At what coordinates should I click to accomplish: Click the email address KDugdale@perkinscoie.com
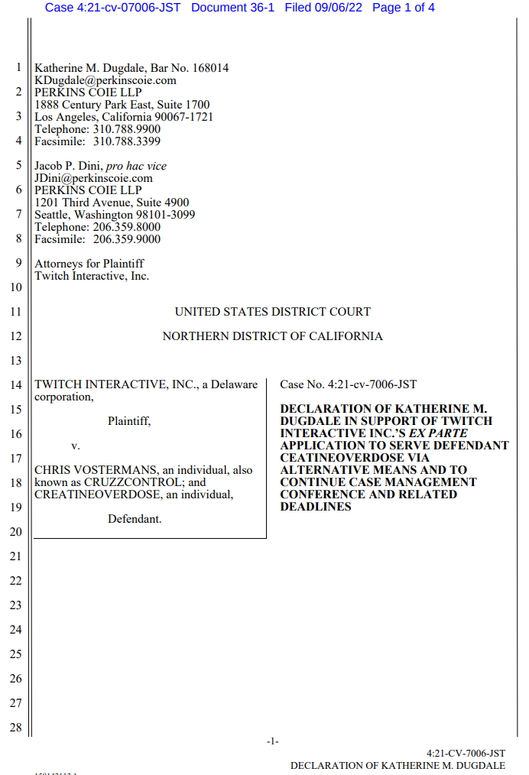105,80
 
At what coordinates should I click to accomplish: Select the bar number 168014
210,68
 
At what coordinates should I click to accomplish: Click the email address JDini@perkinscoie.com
93,178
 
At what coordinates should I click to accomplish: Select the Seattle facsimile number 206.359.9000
127,239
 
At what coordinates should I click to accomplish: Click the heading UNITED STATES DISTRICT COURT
272,312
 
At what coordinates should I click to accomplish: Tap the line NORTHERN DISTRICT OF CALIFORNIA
272,336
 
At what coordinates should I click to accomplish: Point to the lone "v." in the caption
76,446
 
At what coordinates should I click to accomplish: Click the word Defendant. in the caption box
135,519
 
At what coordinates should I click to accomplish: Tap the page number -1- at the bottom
272,741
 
